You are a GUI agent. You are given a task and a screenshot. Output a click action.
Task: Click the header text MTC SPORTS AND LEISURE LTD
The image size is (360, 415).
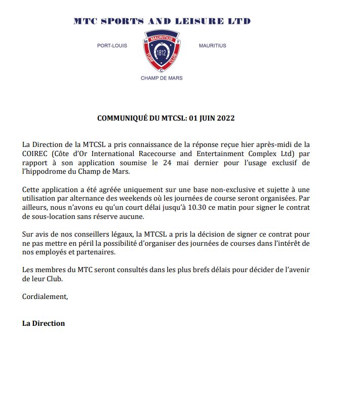(162, 21)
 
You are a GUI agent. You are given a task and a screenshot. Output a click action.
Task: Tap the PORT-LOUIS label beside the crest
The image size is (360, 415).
(112, 46)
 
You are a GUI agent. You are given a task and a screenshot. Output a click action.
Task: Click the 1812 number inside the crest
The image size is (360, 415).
(162, 53)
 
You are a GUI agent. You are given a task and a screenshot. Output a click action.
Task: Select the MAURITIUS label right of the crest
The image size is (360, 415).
(213, 46)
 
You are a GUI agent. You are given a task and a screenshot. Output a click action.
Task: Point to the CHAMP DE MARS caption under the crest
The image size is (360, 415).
(162, 78)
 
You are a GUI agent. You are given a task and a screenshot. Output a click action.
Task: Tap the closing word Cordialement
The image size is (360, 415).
(45, 296)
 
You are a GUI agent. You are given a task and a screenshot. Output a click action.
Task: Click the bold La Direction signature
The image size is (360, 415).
(44, 323)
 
